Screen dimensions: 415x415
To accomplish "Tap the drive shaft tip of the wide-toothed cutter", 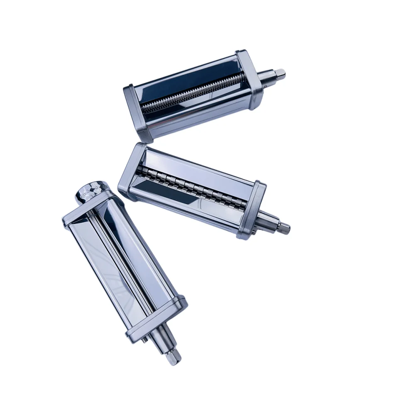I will (x=285, y=228).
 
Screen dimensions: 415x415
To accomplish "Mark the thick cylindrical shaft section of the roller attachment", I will (x=164, y=337).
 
